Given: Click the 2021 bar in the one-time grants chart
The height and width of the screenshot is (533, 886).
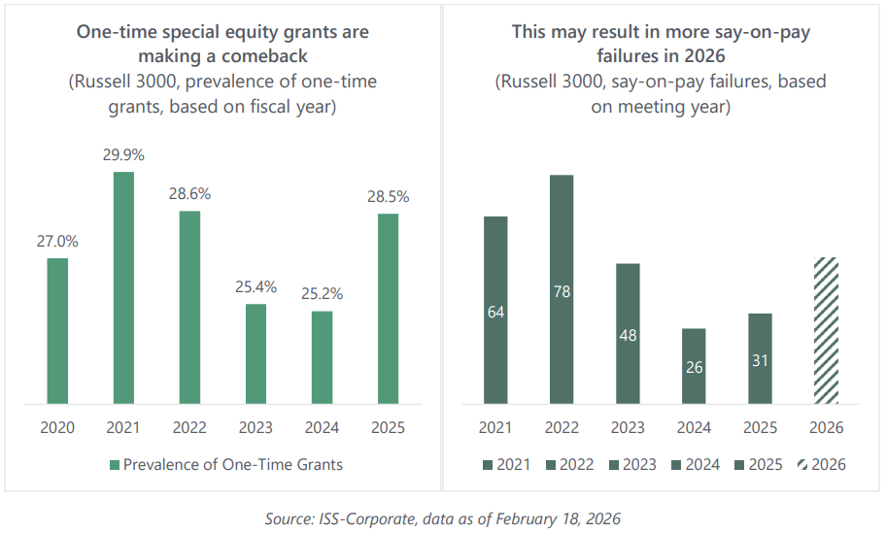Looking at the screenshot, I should (x=123, y=287).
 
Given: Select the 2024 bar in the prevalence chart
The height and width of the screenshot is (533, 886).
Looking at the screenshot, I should (x=322, y=356).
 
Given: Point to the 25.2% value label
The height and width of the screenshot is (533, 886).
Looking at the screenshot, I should (x=322, y=294).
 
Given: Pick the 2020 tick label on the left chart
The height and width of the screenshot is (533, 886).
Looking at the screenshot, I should (x=57, y=427).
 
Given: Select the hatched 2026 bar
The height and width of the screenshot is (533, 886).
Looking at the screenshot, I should (x=826, y=330).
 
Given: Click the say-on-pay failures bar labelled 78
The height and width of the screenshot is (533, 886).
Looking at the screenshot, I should (x=562, y=289).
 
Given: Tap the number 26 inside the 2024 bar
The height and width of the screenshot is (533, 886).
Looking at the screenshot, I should (x=694, y=368).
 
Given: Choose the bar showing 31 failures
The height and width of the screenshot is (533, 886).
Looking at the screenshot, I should (x=760, y=358).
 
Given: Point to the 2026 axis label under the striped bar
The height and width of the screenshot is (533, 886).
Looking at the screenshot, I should (x=826, y=427).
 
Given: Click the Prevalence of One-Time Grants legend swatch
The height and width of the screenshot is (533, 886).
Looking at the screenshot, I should (x=115, y=465).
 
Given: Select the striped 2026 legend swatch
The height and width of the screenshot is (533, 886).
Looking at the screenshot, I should (x=801, y=465).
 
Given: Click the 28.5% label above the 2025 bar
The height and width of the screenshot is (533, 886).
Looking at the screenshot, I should (x=388, y=197).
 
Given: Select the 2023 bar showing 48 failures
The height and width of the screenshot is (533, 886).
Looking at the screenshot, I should (x=628, y=333).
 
